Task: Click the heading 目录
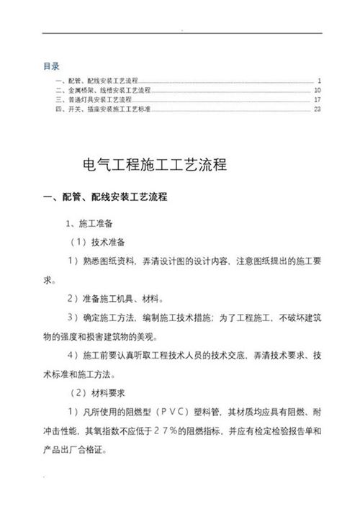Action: coord(51,66)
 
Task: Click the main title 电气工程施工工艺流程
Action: coord(156,164)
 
